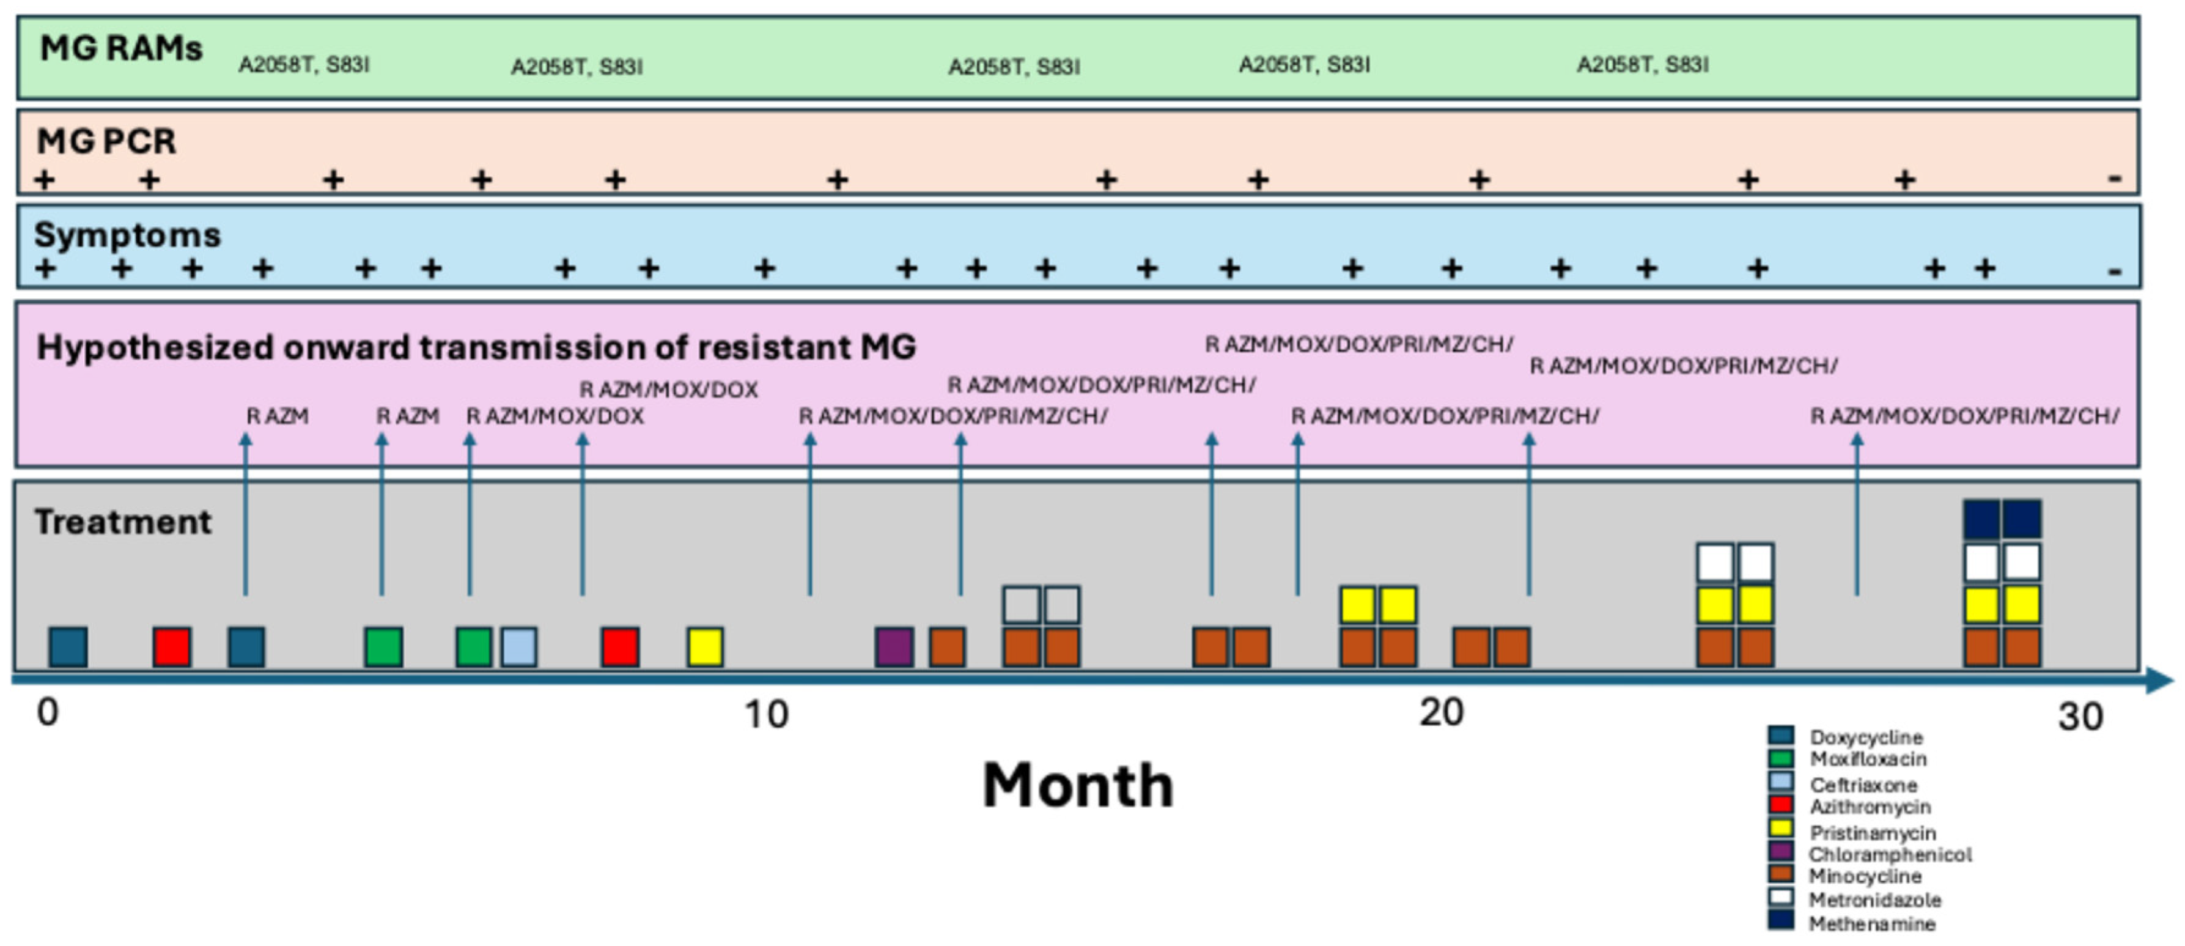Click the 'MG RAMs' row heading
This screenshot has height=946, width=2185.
point(120,49)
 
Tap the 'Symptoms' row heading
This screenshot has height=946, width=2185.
point(127,235)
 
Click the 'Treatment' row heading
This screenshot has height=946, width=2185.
point(123,522)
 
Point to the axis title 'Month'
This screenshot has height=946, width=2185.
point(1077,786)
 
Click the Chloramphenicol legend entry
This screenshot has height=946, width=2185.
point(1889,854)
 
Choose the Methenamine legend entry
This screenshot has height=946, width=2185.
point(1871,924)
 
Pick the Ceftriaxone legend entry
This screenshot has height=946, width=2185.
point(1863,785)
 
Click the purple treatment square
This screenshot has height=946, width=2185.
point(894,648)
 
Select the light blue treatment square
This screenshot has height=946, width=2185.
point(518,648)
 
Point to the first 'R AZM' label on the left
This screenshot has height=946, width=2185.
point(278,416)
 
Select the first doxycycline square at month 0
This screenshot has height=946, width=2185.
point(68,648)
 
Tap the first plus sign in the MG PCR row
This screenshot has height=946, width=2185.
point(44,180)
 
